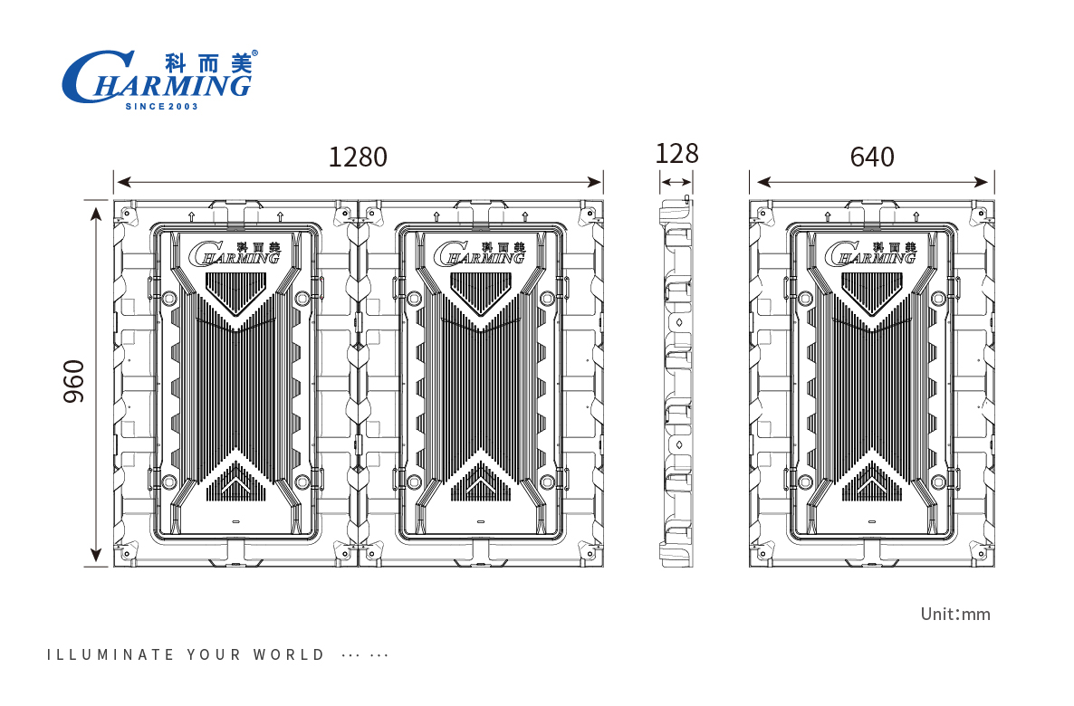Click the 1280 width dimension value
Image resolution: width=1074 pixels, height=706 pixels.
358,157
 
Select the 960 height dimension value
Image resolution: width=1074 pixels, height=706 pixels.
74,381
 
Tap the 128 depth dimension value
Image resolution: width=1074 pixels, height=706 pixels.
677,154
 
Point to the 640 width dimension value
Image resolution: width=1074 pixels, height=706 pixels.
872,157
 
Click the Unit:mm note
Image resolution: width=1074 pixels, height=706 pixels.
955,615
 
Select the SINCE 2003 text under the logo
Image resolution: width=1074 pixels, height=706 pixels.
160,107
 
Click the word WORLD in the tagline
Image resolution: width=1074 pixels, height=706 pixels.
289,654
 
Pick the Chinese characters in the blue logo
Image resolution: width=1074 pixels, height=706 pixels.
209,62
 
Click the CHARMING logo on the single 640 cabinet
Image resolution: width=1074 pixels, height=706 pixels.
873,253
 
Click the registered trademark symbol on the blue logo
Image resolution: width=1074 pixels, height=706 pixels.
254,53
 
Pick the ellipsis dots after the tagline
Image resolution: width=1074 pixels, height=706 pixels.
366,655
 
